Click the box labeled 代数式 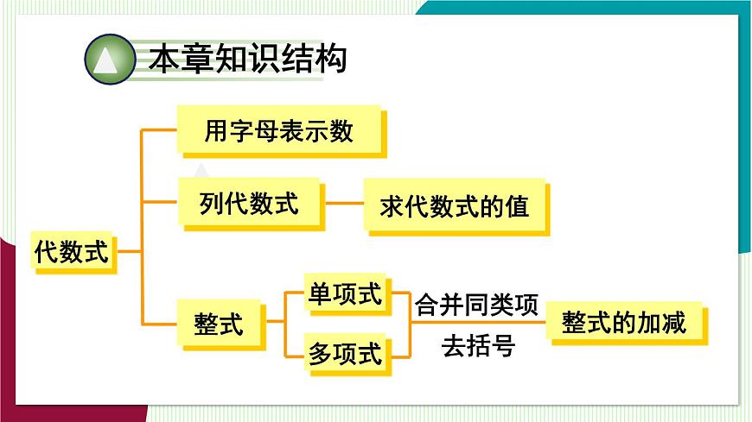[72, 252]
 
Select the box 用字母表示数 [279, 130]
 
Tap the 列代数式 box [249, 204]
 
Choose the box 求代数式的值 [455, 207]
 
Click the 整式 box [220, 324]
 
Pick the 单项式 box [345, 294]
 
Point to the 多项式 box [345, 353]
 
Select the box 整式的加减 [623, 323]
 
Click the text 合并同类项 [476, 305]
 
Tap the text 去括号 [478, 346]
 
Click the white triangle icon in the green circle [109, 60]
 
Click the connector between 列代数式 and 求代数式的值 [344, 204]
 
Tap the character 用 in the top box [216, 131]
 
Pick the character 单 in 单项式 [321, 294]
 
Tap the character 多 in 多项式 [321, 353]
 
